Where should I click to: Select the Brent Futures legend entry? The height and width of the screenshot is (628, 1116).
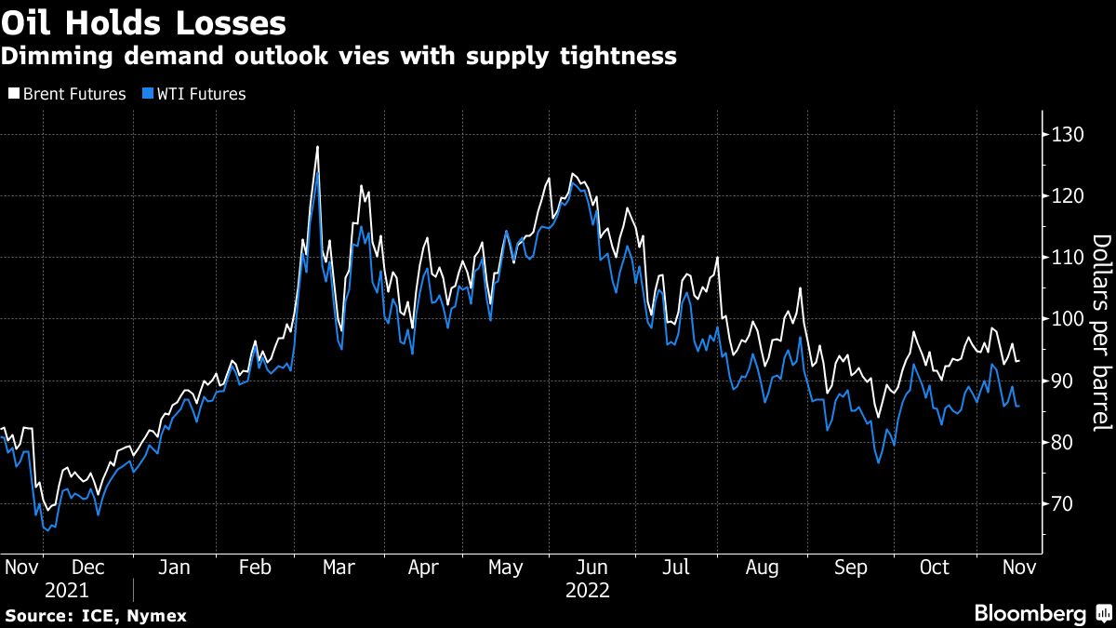coord(66,94)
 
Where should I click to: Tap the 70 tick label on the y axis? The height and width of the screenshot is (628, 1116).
coord(1063,503)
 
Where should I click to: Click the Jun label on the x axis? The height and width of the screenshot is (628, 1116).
coord(591,567)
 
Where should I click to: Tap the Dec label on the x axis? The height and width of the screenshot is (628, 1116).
coord(88,567)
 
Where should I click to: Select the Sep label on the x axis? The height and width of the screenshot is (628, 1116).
coord(849,567)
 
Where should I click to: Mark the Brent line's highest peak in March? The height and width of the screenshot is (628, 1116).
coord(317,147)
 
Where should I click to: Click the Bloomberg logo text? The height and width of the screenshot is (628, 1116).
coord(1030,613)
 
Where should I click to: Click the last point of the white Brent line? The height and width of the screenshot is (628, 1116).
coord(1019,361)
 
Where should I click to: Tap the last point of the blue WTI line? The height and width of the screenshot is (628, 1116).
coord(1019,406)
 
